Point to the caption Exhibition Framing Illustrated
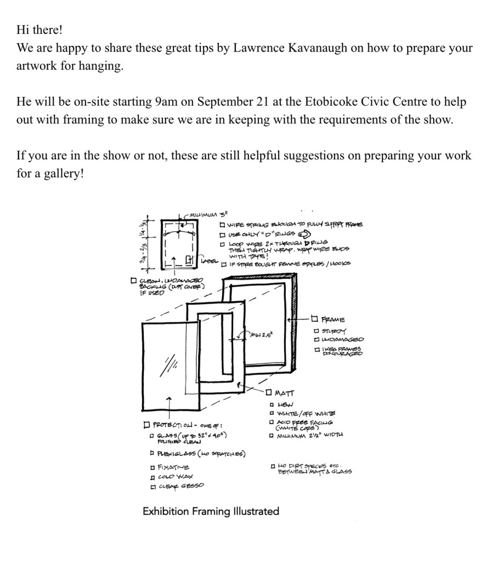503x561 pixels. pos(211,511)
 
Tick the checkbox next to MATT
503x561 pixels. pos(268,392)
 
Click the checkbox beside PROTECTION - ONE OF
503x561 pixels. pos(146,425)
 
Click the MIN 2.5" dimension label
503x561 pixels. pos(261,335)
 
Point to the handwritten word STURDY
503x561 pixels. pos(334,331)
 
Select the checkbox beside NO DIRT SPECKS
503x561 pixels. pos(273,466)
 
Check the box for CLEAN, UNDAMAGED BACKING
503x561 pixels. pos(133,281)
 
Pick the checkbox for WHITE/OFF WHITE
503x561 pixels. pos(272,413)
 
